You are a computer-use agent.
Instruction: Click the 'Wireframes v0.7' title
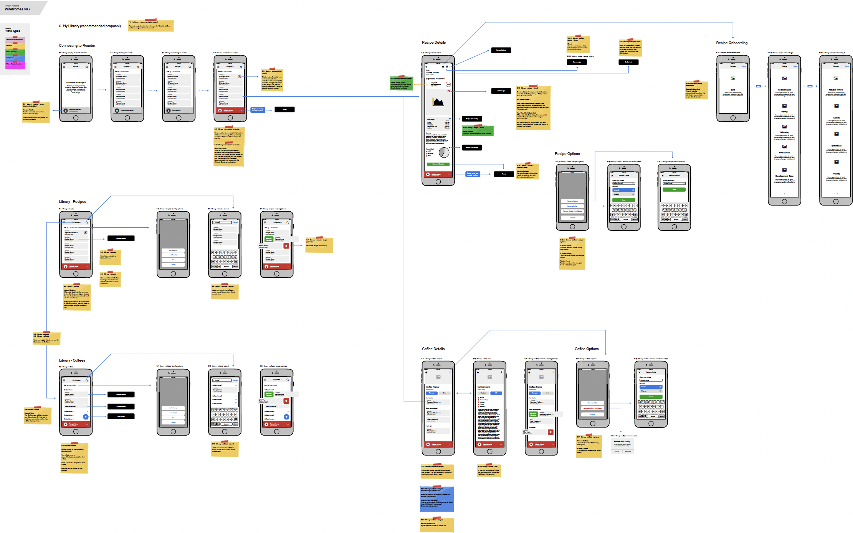click(17, 9)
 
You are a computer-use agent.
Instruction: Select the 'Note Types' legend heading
click(13, 31)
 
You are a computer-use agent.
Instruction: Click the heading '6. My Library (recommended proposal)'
click(90, 26)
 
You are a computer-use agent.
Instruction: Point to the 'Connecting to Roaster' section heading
click(77, 46)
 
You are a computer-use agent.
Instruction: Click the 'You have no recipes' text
click(76, 82)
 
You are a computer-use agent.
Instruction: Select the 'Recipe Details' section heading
click(434, 43)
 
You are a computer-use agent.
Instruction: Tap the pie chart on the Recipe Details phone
click(444, 152)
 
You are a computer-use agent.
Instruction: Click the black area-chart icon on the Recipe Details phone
click(438, 102)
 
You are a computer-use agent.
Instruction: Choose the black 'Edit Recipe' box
click(501, 91)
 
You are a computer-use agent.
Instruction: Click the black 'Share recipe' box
click(577, 62)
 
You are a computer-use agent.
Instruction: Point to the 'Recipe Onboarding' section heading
click(732, 43)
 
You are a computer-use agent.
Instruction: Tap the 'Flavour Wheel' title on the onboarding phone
click(836, 90)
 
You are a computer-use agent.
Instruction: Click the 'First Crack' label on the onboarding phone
click(784, 153)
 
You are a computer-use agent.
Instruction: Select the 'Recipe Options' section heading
click(567, 154)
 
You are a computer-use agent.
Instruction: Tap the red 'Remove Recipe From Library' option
click(572, 211)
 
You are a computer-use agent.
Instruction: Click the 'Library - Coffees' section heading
click(72, 360)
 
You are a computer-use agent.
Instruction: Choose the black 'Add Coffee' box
click(121, 416)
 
